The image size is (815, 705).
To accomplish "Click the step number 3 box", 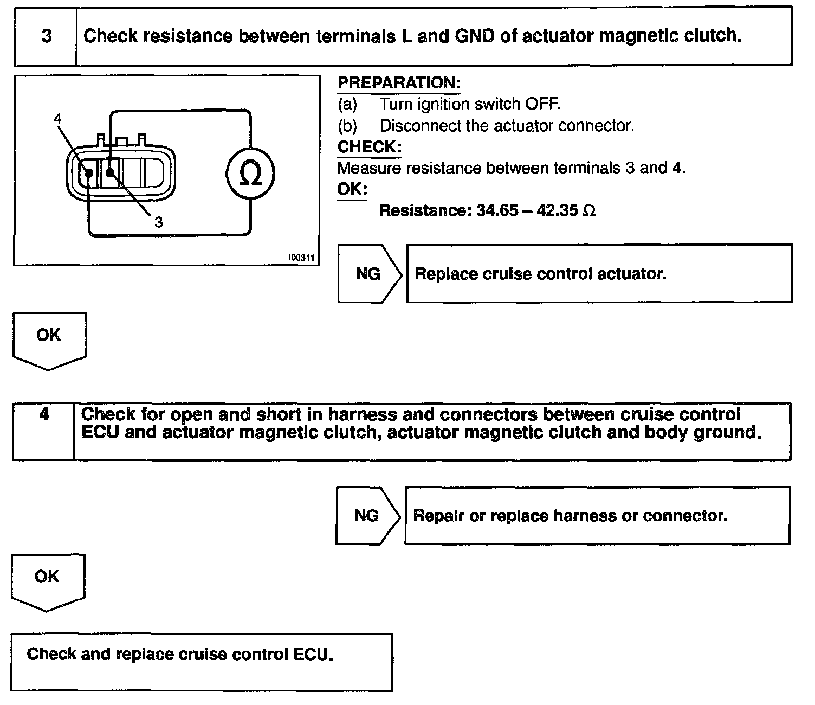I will (x=46, y=36).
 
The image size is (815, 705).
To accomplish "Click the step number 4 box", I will (x=44, y=415).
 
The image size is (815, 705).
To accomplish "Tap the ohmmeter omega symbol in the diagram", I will (x=250, y=174).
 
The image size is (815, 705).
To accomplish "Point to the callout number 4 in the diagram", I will (x=58, y=119).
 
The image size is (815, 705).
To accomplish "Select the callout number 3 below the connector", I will (x=158, y=222).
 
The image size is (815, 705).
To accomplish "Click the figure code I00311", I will (x=301, y=258).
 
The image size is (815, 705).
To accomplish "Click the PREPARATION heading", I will (x=399, y=83).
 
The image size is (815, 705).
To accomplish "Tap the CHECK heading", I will (x=369, y=147).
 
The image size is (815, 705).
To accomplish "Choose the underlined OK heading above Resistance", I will (x=352, y=190).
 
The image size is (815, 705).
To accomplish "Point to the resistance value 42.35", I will (x=558, y=210).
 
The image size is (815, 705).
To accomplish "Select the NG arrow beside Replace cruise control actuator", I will (x=369, y=274).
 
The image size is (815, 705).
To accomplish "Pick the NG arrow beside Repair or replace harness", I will (x=367, y=515).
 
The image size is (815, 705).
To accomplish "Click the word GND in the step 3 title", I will (x=475, y=36).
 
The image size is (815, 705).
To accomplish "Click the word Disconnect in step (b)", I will (x=416, y=126).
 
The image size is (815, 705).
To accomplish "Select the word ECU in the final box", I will (x=312, y=654).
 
